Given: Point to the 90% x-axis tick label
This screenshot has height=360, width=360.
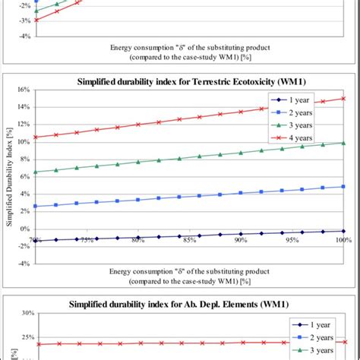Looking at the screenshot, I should tap(241, 241).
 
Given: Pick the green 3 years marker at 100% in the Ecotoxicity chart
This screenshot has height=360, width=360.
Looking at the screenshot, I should tap(343, 143).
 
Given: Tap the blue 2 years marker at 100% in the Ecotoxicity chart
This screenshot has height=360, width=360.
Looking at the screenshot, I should tap(343, 186).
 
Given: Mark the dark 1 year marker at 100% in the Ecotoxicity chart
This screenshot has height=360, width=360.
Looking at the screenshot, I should tap(343, 231).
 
